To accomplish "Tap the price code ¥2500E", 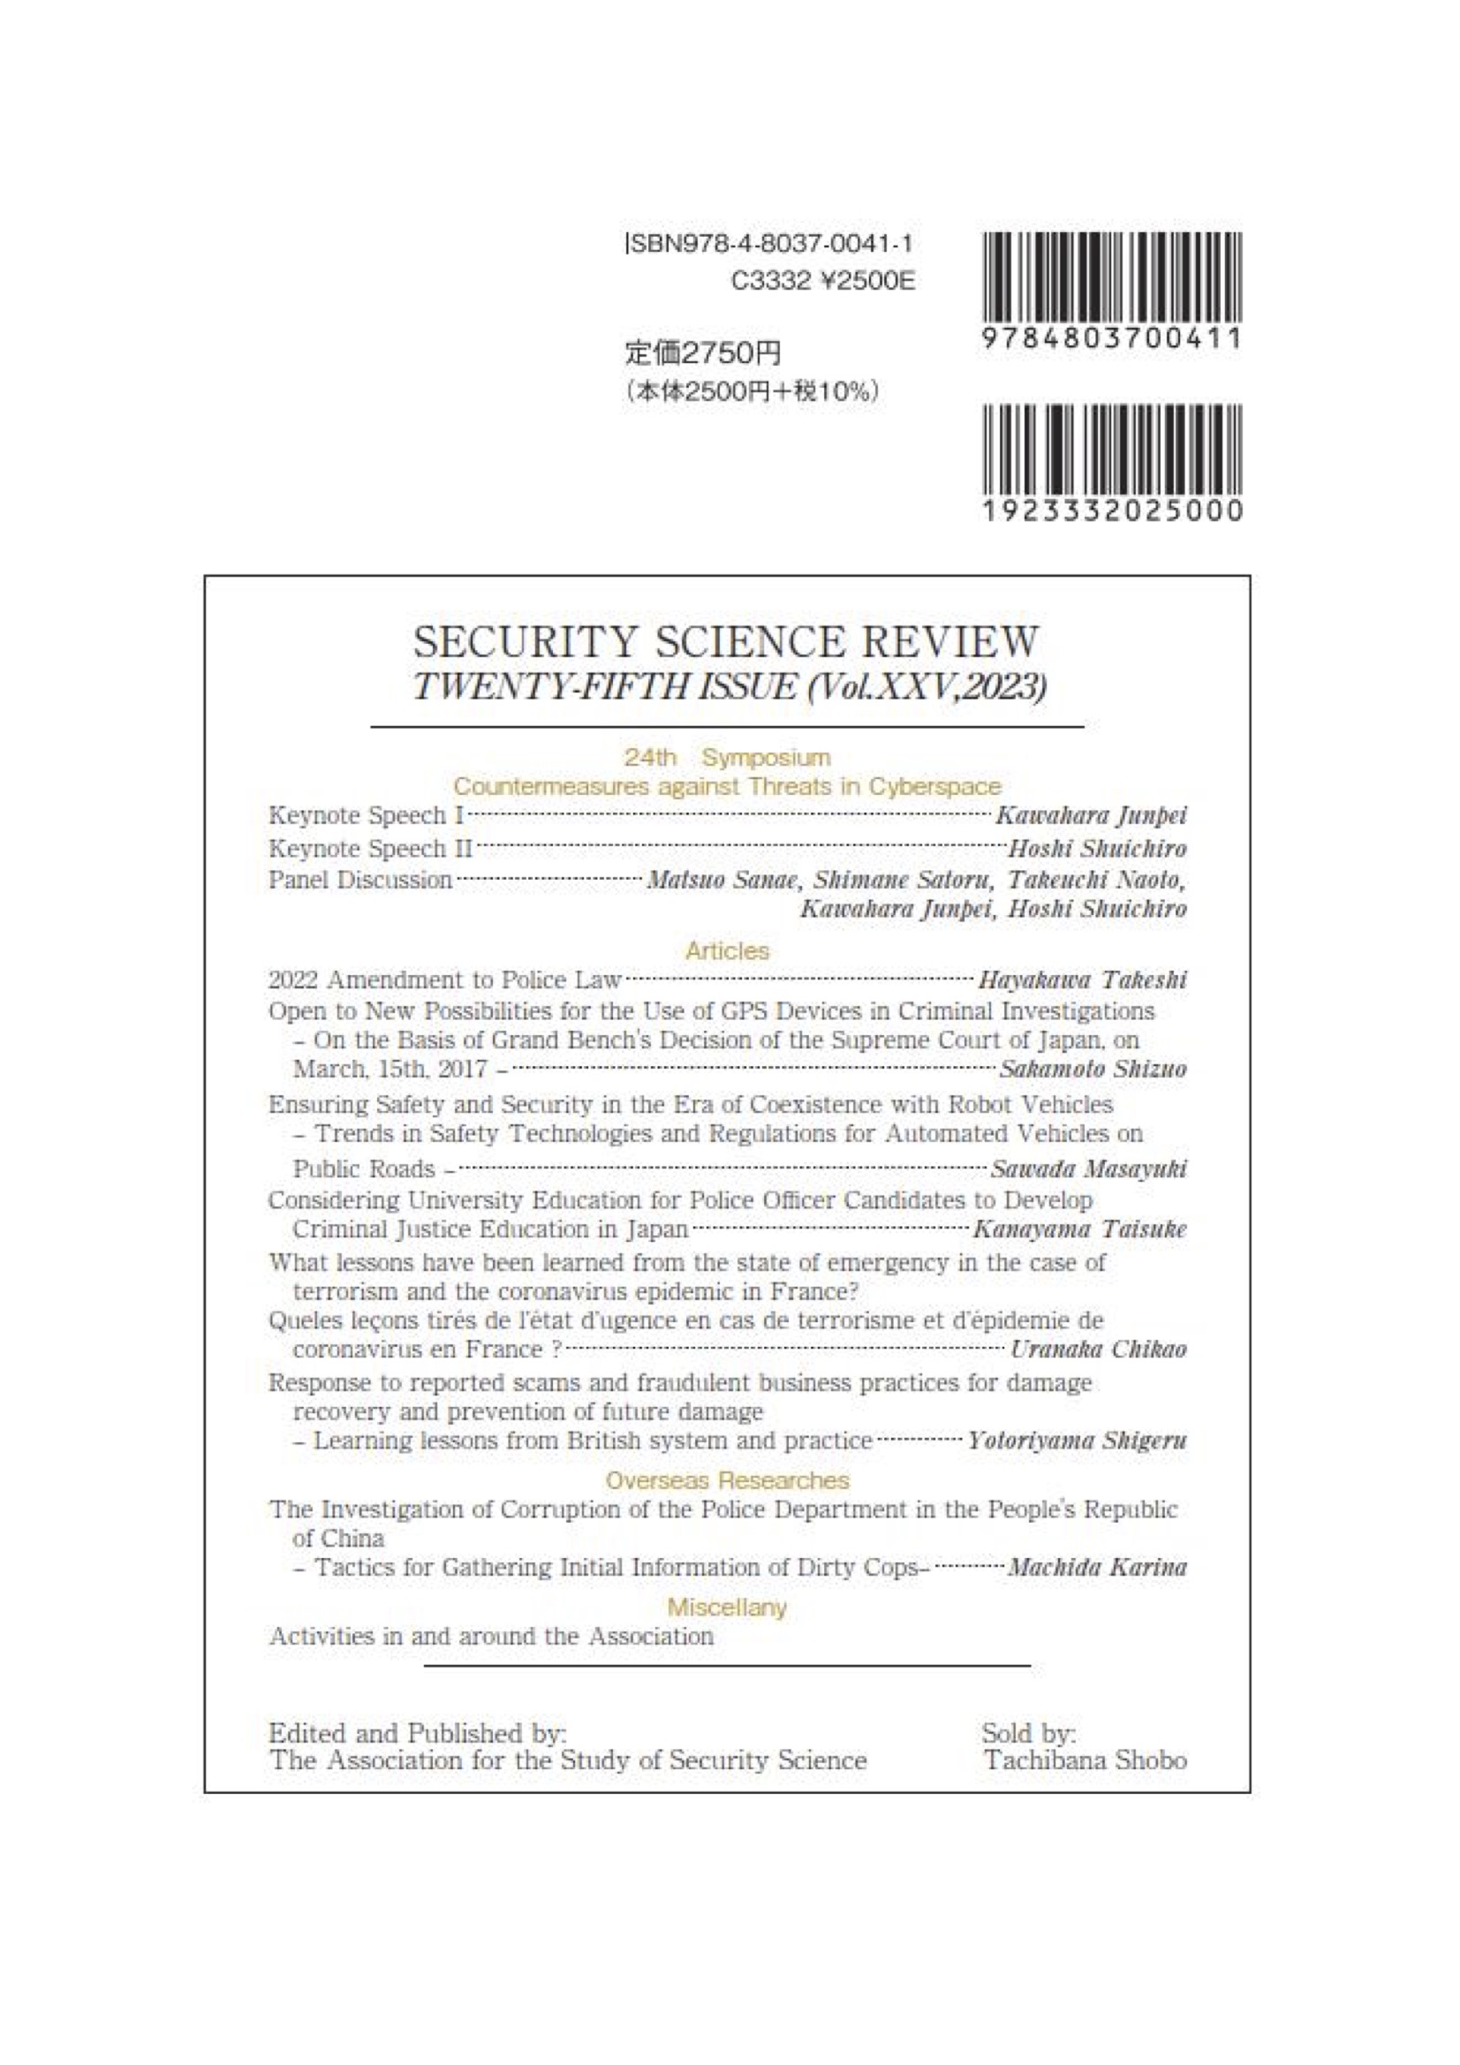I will (869, 283).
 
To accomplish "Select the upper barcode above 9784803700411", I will (1113, 278).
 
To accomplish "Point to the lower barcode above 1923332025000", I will (1113, 449).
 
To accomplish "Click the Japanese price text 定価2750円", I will (702, 353).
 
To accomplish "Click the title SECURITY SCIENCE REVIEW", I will (725, 642).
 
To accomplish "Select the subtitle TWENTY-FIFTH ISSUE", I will (604, 688).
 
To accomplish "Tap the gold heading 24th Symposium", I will (727, 757).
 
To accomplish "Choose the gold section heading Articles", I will (727, 950).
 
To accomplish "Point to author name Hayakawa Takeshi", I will (1082, 980).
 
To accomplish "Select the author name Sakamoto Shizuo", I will (1093, 1070).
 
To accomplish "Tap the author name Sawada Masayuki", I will (1088, 1169).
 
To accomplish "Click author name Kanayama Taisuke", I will (1079, 1229).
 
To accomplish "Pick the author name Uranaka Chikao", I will (1099, 1349).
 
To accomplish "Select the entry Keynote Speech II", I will (371, 849).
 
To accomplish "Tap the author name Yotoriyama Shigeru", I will (1077, 1441).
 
